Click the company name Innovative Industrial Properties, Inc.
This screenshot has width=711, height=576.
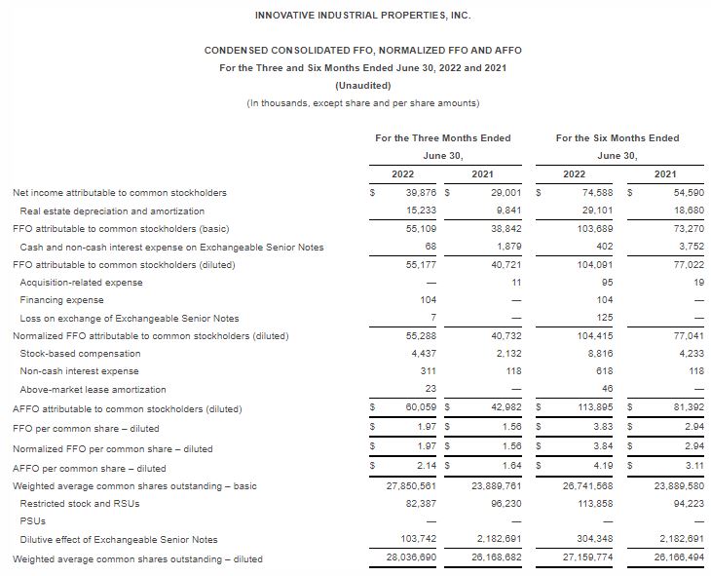[x=355, y=15]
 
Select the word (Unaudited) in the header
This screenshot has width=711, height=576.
[x=355, y=85]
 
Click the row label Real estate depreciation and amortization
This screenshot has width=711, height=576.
[x=112, y=211]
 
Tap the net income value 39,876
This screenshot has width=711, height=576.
[x=420, y=193]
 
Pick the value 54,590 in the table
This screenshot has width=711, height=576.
[x=662, y=193]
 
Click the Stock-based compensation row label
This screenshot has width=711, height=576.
[x=74, y=353]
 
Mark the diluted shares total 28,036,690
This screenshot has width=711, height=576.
[x=413, y=558]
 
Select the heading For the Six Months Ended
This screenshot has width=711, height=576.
[x=617, y=138]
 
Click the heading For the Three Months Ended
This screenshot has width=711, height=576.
[x=442, y=138]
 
